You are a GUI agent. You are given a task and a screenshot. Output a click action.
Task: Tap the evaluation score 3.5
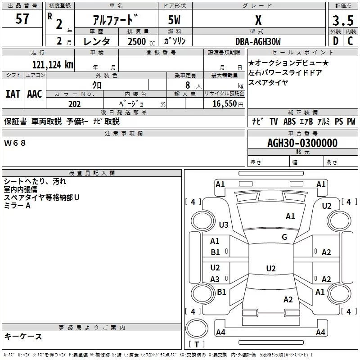tap(342, 21)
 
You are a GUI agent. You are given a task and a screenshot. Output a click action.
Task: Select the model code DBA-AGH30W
tap(258, 41)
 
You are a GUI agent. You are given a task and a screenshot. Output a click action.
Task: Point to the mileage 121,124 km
tap(53, 64)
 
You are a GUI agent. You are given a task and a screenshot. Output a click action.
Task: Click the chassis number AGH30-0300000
tap(302, 143)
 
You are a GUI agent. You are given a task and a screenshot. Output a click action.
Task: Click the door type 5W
tap(175, 21)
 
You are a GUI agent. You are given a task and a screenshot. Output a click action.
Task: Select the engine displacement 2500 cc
tap(137, 41)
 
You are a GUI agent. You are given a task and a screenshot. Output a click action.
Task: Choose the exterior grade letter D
tap(335, 41)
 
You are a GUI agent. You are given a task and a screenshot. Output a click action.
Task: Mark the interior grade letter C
tap(350, 41)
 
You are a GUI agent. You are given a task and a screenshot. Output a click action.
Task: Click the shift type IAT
tap(13, 94)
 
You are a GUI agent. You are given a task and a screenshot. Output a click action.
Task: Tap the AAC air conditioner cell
tap(34, 94)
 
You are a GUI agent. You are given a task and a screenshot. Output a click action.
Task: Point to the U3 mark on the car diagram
tap(224, 225)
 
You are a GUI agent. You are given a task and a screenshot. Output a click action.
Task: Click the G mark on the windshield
tap(284, 237)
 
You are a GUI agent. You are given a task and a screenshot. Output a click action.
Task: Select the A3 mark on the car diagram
tap(215, 279)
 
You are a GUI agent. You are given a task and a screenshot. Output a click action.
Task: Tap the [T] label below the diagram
tap(196, 345)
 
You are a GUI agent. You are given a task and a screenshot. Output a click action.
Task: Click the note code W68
tap(15, 143)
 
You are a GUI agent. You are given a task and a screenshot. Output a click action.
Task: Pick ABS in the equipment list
tap(289, 121)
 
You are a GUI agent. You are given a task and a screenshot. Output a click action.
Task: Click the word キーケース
tap(23, 337)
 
